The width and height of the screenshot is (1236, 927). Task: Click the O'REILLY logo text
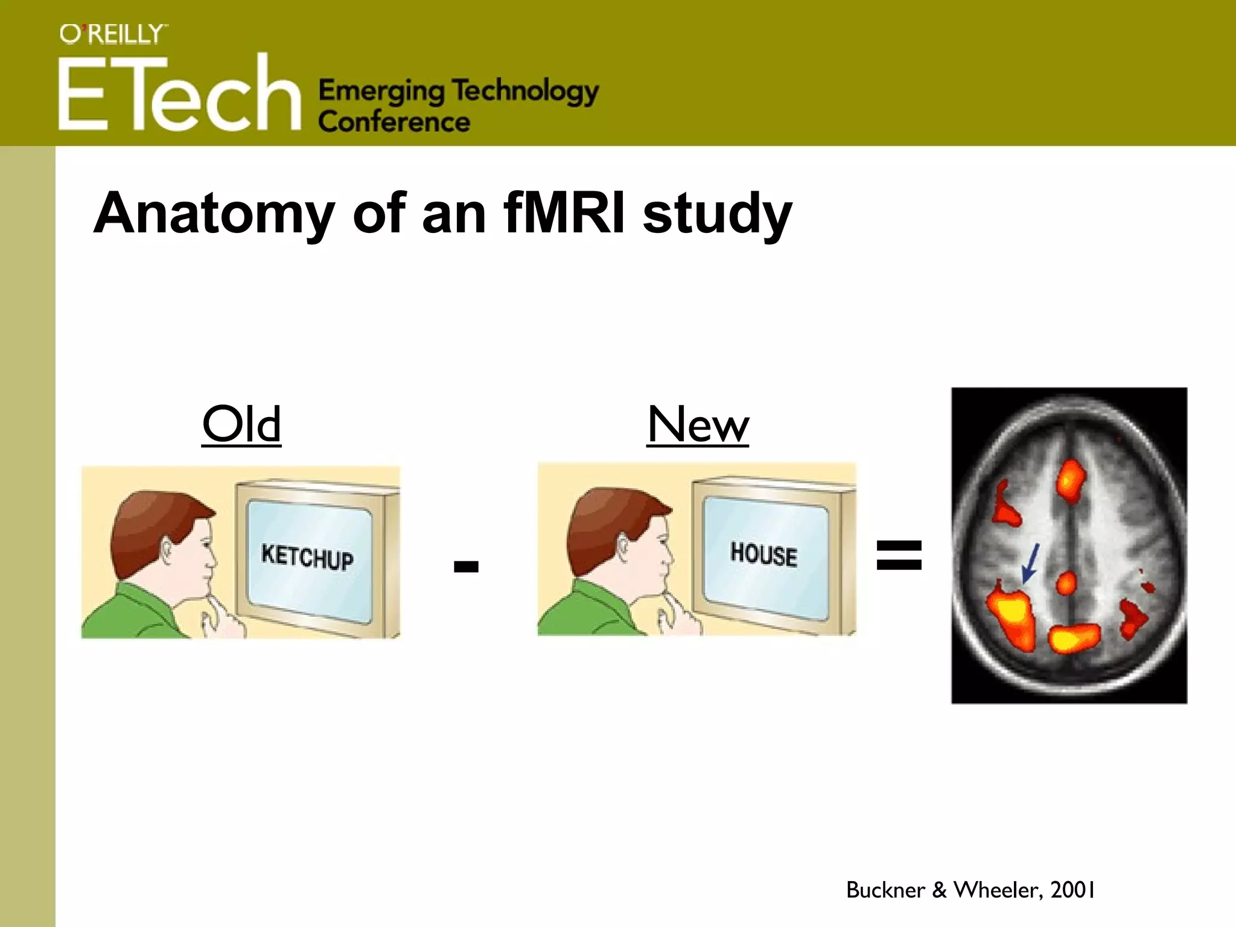pyautogui.click(x=113, y=34)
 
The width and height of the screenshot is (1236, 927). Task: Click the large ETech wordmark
pyautogui.click(x=179, y=94)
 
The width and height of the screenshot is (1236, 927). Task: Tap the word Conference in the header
pyautogui.click(x=393, y=123)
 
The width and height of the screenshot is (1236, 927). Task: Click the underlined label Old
pyautogui.click(x=241, y=424)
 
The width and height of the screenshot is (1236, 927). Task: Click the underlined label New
pyautogui.click(x=698, y=424)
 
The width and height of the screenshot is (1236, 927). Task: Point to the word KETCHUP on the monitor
pyautogui.click(x=307, y=556)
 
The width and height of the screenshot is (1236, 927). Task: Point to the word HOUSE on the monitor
pyautogui.click(x=763, y=554)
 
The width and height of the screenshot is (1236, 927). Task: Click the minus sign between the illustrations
pyautogui.click(x=466, y=566)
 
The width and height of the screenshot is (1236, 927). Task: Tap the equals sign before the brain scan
pyautogui.click(x=899, y=555)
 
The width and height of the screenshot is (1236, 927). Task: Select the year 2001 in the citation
pyautogui.click(x=1072, y=890)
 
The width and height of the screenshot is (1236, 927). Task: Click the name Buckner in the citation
pyautogui.click(x=885, y=890)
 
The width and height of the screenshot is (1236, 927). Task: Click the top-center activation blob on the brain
pyautogui.click(x=1070, y=480)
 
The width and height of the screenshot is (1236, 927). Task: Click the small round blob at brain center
pyautogui.click(x=1066, y=583)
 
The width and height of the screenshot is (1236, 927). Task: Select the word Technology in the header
pyautogui.click(x=525, y=92)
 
